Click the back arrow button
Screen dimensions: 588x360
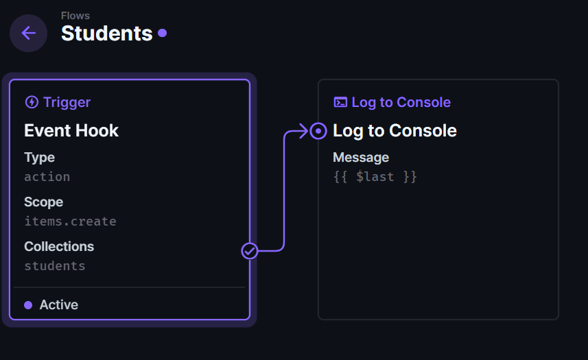pos(29,33)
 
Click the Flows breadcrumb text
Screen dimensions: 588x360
pos(75,16)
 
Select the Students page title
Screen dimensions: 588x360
pos(107,34)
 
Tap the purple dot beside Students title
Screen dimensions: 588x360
pos(163,33)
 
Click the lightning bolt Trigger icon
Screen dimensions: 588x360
pos(32,102)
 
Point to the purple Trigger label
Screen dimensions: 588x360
pos(67,102)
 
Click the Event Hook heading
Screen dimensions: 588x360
pos(71,131)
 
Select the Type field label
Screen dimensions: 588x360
pos(39,158)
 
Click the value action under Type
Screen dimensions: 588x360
pos(47,177)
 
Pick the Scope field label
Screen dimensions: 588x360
pos(43,202)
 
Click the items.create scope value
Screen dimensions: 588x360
pos(71,221)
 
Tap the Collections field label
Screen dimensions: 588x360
pos(59,246)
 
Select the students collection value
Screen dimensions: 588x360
pos(55,266)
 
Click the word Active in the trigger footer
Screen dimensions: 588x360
pos(59,305)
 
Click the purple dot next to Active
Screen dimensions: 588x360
pos(28,305)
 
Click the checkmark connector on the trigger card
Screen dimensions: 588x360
pos(249,251)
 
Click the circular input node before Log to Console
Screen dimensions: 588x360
pos(318,131)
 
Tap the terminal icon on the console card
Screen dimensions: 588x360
pos(340,102)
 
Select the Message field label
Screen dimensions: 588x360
pos(361,158)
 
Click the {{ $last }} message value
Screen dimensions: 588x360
pos(375,177)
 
